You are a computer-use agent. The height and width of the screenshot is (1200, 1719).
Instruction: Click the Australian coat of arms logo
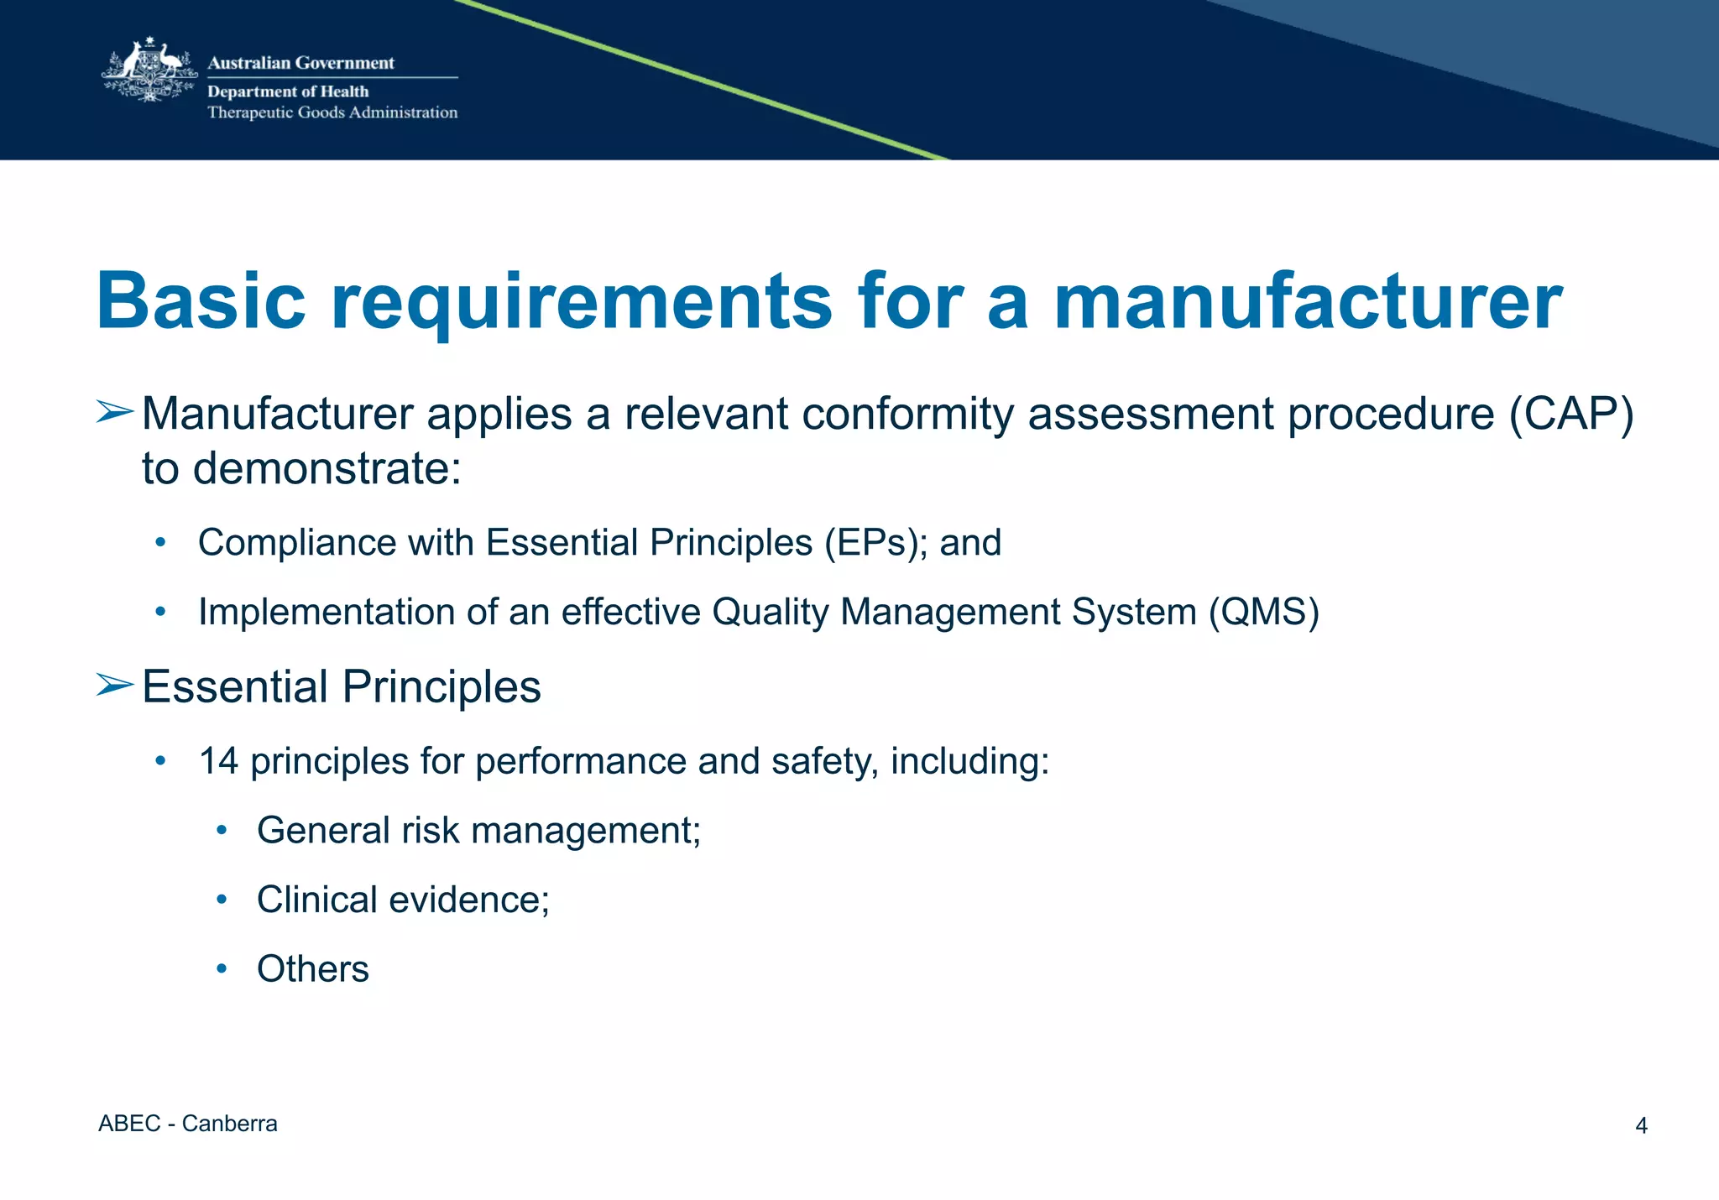(149, 71)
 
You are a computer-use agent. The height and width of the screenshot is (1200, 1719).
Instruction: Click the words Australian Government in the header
(300, 63)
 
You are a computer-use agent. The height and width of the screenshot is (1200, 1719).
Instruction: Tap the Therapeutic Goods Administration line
(332, 112)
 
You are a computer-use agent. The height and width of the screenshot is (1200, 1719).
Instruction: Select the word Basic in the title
(201, 302)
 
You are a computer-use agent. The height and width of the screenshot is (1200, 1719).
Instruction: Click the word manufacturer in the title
(1307, 302)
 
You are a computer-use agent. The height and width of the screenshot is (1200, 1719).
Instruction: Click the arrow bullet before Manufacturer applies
(113, 412)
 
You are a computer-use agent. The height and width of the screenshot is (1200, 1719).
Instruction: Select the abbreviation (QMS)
(1263, 612)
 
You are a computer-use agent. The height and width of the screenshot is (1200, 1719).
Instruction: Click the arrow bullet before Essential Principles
(113, 685)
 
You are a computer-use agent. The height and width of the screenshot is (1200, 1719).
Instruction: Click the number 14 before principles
(218, 762)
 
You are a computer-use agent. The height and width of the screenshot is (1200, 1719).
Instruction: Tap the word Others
(312, 969)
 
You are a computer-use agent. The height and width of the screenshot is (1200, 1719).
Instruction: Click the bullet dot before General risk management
(222, 831)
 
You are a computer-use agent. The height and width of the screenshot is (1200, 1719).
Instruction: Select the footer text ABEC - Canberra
(187, 1124)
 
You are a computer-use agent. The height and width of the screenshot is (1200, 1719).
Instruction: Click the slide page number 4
(1641, 1126)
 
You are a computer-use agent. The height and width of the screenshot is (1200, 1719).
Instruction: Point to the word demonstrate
(327, 468)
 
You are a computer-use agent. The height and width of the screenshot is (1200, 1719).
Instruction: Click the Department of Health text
(288, 91)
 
